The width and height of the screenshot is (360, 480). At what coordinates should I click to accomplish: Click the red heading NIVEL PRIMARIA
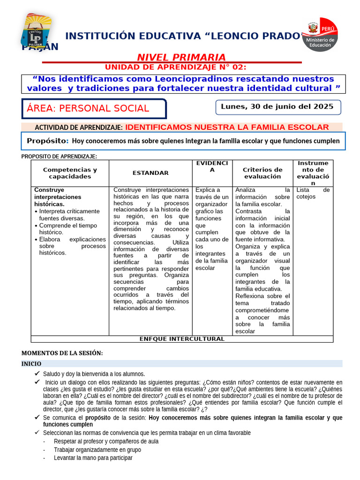click(x=181, y=57)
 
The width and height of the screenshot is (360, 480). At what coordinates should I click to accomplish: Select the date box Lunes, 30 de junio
click(x=277, y=107)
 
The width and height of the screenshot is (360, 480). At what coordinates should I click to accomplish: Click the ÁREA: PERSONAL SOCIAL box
click(x=94, y=108)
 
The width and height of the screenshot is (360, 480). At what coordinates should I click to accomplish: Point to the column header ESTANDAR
click(x=150, y=173)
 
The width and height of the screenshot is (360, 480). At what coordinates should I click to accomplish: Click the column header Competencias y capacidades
click(x=70, y=173)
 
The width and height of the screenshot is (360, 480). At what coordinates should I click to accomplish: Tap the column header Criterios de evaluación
click(x=262, y=173)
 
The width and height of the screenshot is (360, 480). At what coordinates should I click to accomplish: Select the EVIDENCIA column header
click(x=212, y=166)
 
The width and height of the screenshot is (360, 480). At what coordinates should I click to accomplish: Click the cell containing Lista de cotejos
click(x=313, y=193)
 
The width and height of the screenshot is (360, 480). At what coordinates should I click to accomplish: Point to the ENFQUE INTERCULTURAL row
click(x=182, y=339)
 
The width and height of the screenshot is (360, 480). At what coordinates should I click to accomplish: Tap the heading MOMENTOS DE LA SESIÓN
click(x=62, y=353)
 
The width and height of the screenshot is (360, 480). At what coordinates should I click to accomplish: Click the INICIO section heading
click(x=32, y=364)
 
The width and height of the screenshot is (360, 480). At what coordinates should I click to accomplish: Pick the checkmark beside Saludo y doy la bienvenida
click(x=37, y=374)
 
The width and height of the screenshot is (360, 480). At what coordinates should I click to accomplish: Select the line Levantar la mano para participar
click(x=93, y=458)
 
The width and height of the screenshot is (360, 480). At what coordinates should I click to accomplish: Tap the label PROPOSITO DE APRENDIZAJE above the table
click(x=59, y=157)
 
